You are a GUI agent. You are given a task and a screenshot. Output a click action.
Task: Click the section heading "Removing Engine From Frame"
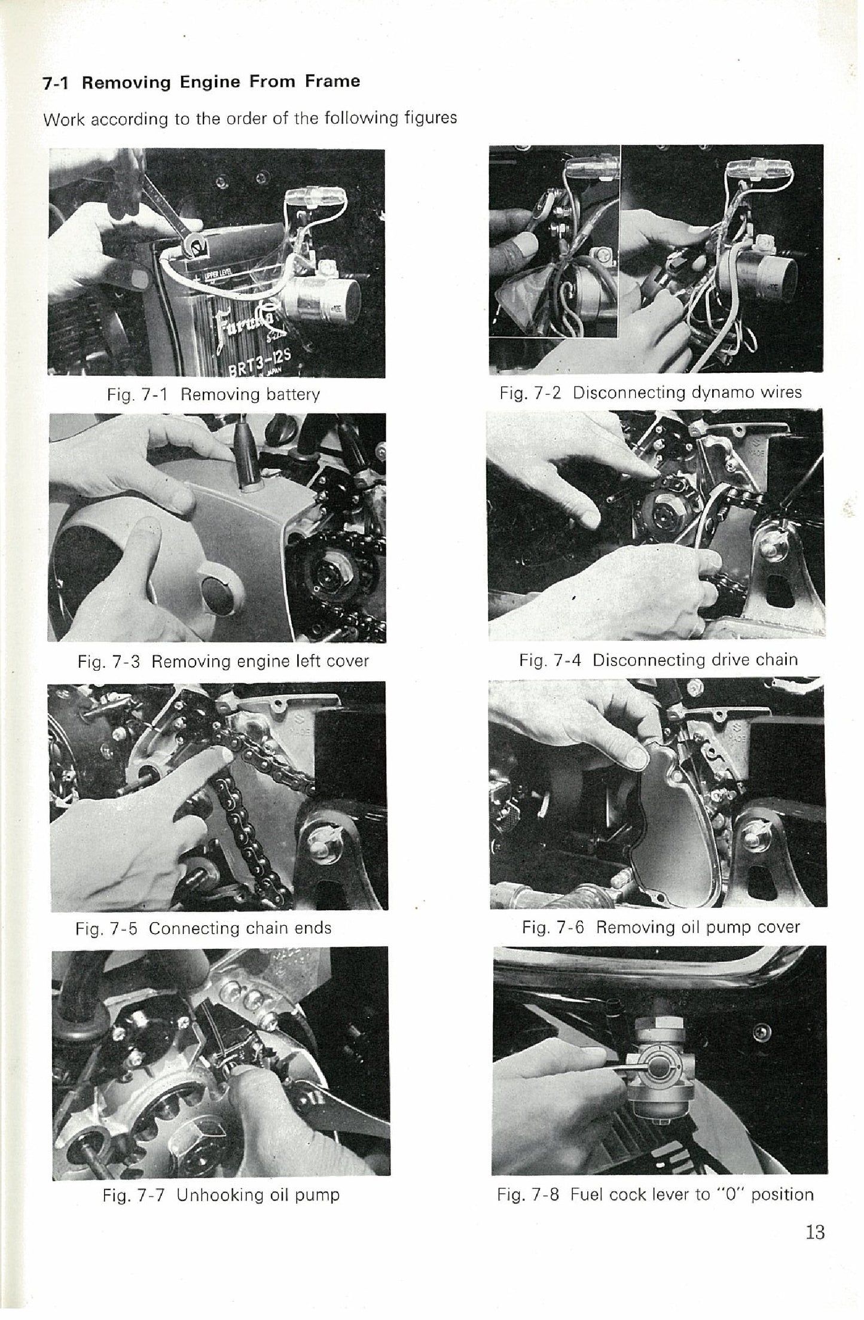tap(221, 81)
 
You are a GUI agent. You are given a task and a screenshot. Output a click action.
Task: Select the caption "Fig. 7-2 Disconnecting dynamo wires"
tap(651, 393)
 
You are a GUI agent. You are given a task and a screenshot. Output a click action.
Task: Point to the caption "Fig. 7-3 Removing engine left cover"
tap(223, 661)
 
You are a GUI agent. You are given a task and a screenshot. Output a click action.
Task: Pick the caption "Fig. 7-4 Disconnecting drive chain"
tap(658, 659)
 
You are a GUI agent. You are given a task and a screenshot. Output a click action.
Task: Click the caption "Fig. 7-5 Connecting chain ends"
tap(203, 928)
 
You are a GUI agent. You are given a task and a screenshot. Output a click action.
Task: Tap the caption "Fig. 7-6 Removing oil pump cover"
tap(661, 927)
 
